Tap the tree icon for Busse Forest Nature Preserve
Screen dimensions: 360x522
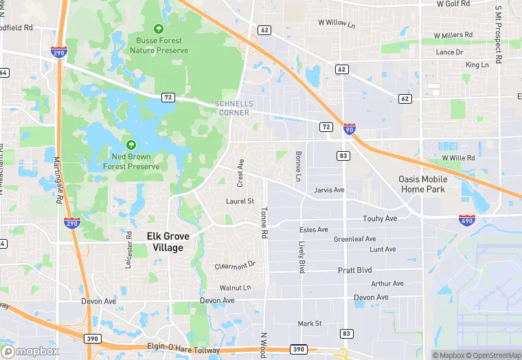point(159,29)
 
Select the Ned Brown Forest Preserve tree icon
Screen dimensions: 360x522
point(131,145)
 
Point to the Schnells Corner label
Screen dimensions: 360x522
point(234,108)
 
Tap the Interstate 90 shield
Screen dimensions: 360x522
point(350,128)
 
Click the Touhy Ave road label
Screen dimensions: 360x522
point(380,218)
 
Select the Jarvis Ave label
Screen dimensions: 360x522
point(329,190)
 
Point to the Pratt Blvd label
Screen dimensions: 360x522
point(354,270)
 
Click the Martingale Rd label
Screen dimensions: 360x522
point(58,174)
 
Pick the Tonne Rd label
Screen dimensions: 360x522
point(263,224)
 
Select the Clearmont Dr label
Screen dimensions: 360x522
point(235,265)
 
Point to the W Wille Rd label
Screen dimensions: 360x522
point(458,157)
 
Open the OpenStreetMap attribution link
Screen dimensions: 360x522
point(493,355)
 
